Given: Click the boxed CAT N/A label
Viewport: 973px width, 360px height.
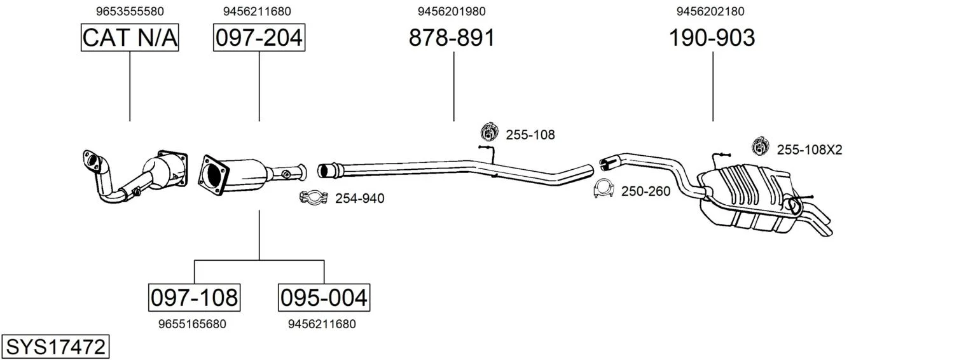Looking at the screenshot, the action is coord(130,38).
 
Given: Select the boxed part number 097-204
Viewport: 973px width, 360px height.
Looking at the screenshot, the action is coord(259,38).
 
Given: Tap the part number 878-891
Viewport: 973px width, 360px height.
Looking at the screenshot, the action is coord(452,38).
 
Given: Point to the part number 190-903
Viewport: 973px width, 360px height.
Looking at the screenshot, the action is coord(712,38).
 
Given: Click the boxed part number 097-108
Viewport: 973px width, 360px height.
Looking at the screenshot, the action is coord(194,298).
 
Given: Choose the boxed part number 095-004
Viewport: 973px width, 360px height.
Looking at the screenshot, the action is coord(324,298).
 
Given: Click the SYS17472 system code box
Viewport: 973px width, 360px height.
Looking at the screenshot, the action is coord(55,347).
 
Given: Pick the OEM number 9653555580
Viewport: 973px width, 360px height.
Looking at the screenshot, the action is coord(130,11).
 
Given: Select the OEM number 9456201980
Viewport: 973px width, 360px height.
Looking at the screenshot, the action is coord(452,11).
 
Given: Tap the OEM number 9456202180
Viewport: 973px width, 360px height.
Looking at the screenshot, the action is coord(710,11).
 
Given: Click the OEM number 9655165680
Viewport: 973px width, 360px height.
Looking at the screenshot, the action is coord(193,324).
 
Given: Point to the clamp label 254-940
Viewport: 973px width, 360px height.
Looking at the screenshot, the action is coord(360,198).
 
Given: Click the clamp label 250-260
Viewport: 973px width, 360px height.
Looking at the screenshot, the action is coord(646,191).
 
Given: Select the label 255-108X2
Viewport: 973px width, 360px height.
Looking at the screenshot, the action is coord(810,150).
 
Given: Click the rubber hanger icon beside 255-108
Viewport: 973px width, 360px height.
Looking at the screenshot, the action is coord(490,132).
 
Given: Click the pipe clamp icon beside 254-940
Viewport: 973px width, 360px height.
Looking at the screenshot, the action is coord(313,198).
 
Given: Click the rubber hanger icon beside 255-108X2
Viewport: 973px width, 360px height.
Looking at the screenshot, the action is coord(760,146).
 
